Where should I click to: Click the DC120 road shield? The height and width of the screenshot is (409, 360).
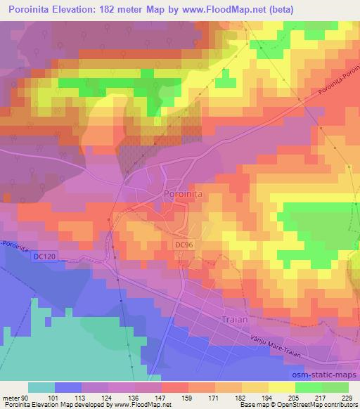[44, 257]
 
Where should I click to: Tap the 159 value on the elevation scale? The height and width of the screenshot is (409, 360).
[188, 397]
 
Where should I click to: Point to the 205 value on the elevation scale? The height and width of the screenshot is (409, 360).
[295, 397]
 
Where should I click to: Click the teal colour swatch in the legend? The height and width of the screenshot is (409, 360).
[41, 387]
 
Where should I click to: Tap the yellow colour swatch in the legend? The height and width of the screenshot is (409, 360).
[282, 387]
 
